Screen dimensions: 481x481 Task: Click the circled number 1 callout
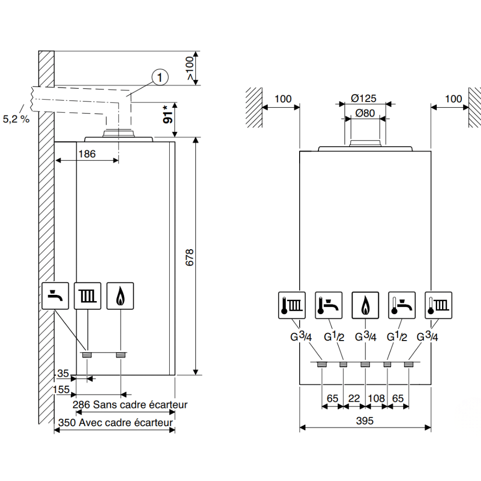click(x=160, y=77)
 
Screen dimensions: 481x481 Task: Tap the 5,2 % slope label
click(x=16, y=119)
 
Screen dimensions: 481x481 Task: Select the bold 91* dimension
click(x=168, y=115)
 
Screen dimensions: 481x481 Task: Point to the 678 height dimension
click(x=190, y=257)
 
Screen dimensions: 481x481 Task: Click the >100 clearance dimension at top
click(x=190, y=68)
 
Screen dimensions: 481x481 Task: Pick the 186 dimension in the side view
click(x=87, y=154)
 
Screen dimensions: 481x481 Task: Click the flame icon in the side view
click(x=120, y=296)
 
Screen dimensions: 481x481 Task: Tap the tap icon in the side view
click(x=55, y=296)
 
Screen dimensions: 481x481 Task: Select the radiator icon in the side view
click(x=88, y=296)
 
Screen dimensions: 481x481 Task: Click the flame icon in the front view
click(x=365, y=305)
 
